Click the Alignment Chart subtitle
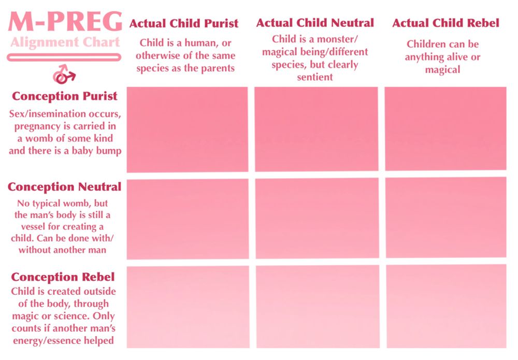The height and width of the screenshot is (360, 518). tap(65, 42)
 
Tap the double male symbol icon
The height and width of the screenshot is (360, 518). tap(64, 74)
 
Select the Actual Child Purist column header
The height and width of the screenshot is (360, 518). tap(184, 23)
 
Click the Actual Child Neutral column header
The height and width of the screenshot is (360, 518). tap(315, 23)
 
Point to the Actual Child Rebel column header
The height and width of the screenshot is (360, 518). tap(445, 23)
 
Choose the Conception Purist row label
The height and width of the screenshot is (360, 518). tap(64, 96)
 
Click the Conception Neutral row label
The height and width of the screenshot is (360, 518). tap(64, 187)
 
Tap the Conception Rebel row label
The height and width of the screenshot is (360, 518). tap(63, 277)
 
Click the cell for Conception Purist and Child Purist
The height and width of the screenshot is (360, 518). tap(188, 129)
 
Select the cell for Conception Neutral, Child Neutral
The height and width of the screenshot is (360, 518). tap(317, 218)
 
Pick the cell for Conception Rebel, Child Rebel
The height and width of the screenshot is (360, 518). tap(447, 307)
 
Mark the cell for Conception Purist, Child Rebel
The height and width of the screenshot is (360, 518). tap(445, 129)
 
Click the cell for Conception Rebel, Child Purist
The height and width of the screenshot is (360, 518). tap(188, 307)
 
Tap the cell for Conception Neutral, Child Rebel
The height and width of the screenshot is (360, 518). tap(446, 218)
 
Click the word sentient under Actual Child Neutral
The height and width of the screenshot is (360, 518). tap(315, 77)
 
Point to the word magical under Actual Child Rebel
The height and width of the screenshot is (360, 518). tap(442, 70)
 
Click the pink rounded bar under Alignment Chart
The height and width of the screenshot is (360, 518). tap(64, 58)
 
